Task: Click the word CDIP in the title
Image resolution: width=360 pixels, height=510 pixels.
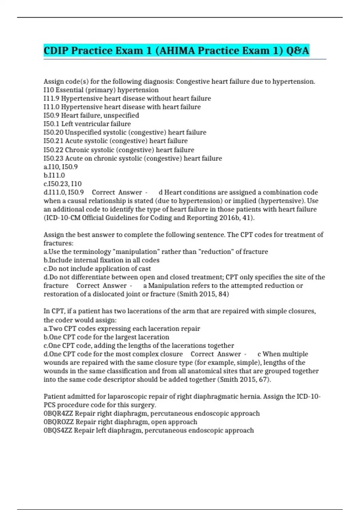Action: (56, 50)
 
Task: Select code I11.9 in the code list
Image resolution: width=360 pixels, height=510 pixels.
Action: (51, 98)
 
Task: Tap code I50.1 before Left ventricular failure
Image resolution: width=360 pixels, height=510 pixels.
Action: (51, 124)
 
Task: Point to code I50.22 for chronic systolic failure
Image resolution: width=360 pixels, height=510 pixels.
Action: (53, 150)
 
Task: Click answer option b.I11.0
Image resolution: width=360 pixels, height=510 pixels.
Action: (54, 175)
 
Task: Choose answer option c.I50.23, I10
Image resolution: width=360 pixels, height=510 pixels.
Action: (63, 184)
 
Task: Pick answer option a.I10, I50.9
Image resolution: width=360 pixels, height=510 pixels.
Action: (61, 167)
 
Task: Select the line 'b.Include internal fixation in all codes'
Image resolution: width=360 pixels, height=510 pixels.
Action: (101, 260)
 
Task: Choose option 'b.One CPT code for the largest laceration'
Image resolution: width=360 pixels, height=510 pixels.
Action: (106, 337)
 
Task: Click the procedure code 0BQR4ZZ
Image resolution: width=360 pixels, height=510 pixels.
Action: (58, 413)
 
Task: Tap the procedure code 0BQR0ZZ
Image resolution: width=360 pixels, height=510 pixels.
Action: (58, 422)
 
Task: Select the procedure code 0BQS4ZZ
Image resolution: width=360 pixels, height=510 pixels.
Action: (58, 430)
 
